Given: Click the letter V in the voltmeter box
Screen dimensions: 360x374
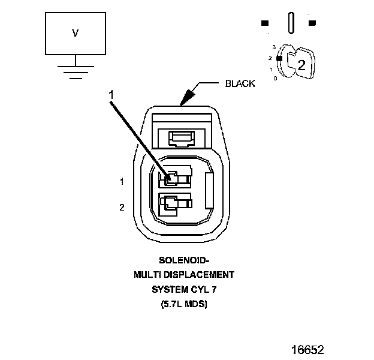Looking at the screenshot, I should coord(75,33).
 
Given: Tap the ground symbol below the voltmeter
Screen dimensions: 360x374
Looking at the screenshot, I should coord(75,71).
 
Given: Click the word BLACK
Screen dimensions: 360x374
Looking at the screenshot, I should coord(240,84).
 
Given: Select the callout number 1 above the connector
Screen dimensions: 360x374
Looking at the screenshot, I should coord(111,95).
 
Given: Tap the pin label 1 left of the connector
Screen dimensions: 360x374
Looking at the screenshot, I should coord(122,181).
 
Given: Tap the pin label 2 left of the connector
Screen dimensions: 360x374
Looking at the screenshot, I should coord(122,208).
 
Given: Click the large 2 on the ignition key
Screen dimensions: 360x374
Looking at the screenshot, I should coord(301,66).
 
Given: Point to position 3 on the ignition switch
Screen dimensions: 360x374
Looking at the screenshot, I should coord(274,47).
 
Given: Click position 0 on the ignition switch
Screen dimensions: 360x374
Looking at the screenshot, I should coord(275,79).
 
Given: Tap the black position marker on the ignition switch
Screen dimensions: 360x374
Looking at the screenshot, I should coord(279,58).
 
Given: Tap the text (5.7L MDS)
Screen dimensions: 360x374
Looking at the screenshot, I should coord(184,304).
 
